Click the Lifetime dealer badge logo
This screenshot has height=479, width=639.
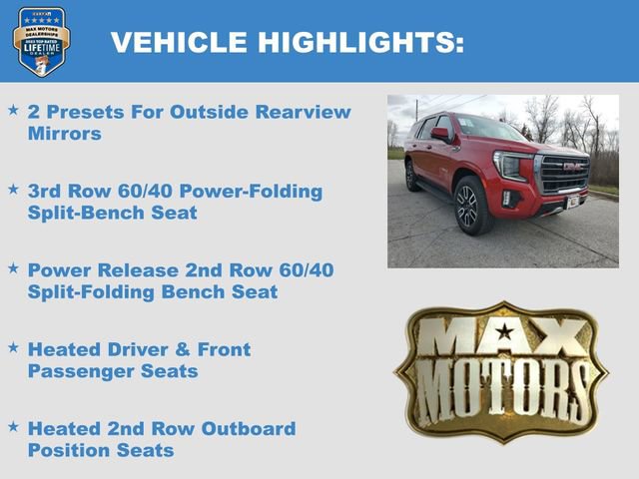point(41,41)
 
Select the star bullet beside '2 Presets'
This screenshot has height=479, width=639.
point(13,108)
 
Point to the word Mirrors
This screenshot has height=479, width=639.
point(65,133)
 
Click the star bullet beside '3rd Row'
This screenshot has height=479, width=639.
point(13,188)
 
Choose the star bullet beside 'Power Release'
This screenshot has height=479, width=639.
point(13,267)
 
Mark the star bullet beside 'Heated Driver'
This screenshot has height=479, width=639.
point(13,346)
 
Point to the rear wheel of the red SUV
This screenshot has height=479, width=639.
point(412,177)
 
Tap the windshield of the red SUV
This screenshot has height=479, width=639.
point(489,129)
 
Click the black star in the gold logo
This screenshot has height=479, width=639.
point(505,330)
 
